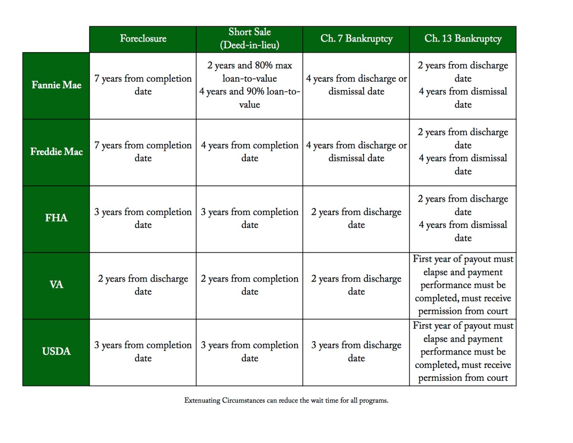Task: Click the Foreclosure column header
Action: [x=143, y=39]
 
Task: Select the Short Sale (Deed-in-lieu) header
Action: [x=249, y=39]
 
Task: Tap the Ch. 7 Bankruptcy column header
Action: [x=356, y=39]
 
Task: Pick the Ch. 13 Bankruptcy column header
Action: [x=463, y=39]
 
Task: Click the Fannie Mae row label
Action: [x=56, y=86]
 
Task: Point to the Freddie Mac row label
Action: [x=56, y=152]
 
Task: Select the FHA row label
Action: [x=56, y=218]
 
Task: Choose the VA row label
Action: [x=56, y=285]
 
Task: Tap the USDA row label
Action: [x=56, y=352]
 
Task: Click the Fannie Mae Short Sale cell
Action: [x=249, y=85]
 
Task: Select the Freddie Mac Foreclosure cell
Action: [x=143, y=152]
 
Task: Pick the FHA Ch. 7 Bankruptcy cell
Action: [x=356, y=218]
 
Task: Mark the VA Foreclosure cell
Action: [x=143, y=285]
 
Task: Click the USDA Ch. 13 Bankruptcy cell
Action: [x=463, y=352]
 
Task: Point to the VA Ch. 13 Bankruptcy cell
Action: [x=463, y=285]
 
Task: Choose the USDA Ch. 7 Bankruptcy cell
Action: [x=356, y=352]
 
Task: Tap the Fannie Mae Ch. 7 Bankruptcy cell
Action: [x=356, y=85]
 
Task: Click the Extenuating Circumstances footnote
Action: [x=286, y=401]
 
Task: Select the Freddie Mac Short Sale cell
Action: [x=249, y=152]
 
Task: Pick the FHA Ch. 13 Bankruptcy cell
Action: [x=463, y=218]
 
